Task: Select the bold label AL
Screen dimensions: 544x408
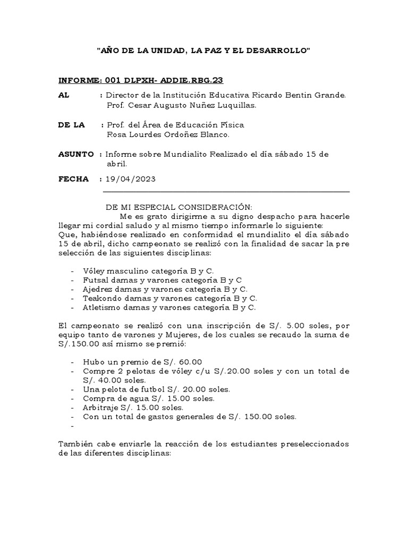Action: (x=63, y=95)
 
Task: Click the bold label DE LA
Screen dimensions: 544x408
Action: (x=71, y=125)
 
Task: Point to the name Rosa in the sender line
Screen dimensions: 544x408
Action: (x=117, y=135)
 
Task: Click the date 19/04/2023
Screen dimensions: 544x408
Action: (x=131, y=179)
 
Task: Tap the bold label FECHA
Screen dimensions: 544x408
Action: (x=73, y=179)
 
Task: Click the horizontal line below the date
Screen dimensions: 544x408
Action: (x=226, y=191)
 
